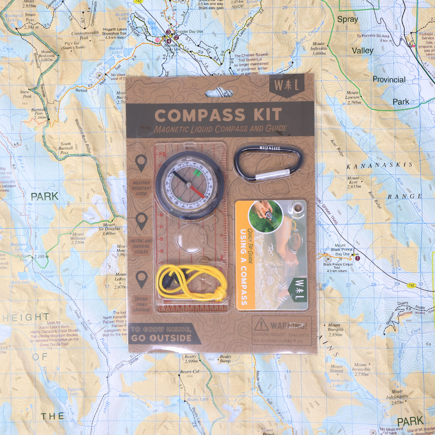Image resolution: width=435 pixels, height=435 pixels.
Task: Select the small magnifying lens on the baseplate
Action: tap(190, 238)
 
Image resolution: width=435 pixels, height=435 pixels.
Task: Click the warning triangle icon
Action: tap(261, 324)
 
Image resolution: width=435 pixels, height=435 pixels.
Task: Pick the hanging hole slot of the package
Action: tap(220, 93)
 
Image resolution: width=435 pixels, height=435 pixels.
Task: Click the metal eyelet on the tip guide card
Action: tap(298, 208)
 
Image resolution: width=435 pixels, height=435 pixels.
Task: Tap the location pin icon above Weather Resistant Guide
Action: tap(141, 163)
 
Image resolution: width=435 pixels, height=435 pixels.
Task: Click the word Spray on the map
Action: tap(348, 19)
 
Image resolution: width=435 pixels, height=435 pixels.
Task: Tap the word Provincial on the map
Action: tap(389, 79)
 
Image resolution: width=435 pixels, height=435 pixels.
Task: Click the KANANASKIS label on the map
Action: tap(380, 165)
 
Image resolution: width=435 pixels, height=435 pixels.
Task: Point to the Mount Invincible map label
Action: tap(361, 372)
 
